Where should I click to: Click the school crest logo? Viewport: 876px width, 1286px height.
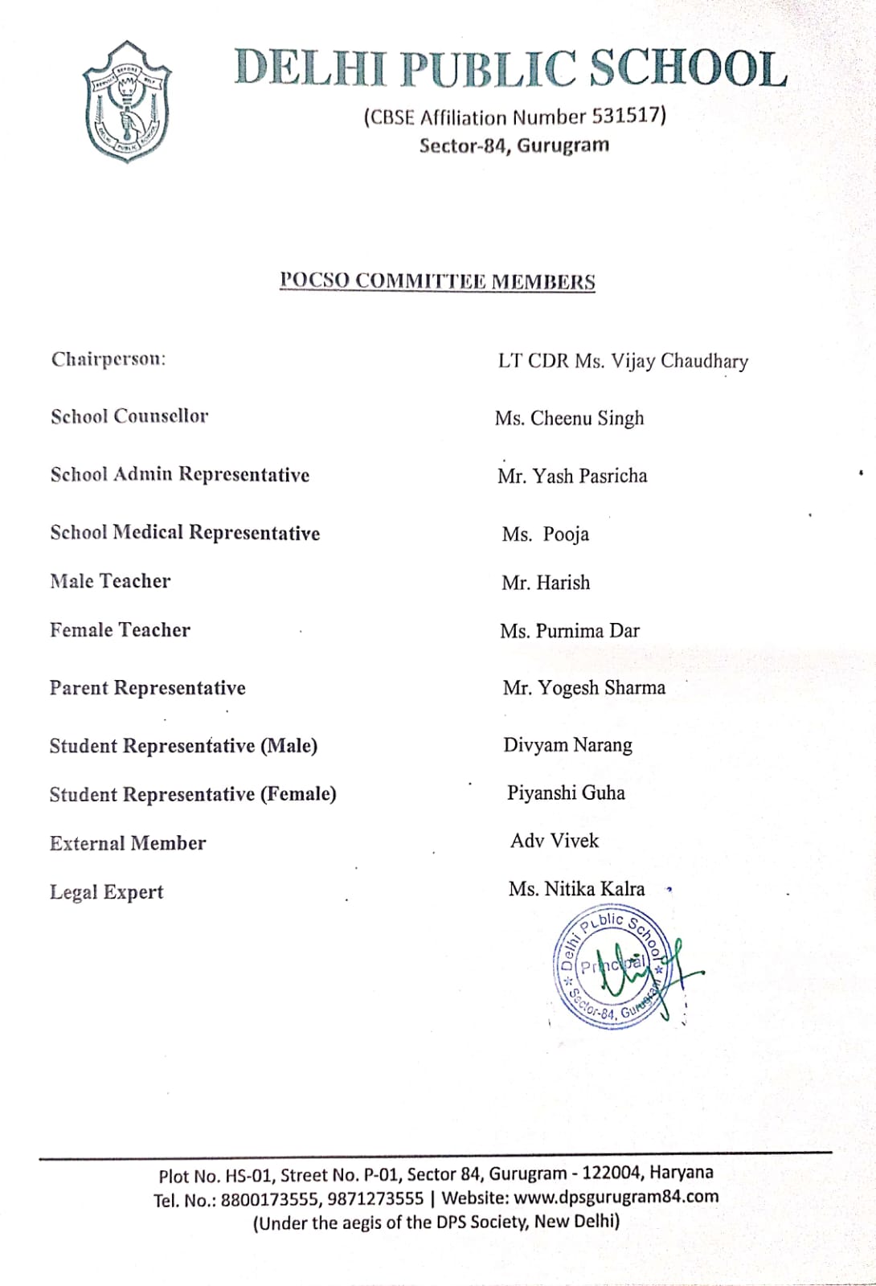pyautogui.click(x=127, y=102)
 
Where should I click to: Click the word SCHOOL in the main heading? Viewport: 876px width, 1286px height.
pyautogui.click(x=689, y=68)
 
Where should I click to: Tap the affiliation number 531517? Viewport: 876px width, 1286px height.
pyautogui.click(x=625, y=117)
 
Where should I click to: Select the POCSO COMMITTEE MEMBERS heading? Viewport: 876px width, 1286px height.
pyautogui.click(x=437, y=281)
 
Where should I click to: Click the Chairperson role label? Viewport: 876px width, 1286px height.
pyautogui.click(x=108, y=359)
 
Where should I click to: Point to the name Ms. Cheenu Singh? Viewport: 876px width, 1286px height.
pyautogui.click(x=569, y=418)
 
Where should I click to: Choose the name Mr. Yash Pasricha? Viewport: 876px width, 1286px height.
pyautogui.click(x=571, y=476)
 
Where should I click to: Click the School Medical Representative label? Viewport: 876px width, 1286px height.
pyautogui.click(x=185, y=533)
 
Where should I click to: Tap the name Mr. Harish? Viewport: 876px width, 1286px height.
pyautogui.click(x=545, y=583)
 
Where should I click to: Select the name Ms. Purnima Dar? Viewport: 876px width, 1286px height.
pyautogui.click(x=569, y=631)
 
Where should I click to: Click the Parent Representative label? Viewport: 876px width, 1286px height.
pyautogui.click(x=147, y=688)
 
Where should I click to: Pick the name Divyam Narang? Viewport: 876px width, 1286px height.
pyautogui.click(x=567, y=745)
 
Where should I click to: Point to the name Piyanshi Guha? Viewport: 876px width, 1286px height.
pyautogui.click(x=566, y=793)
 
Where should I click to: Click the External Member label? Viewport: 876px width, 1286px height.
pyautogui.click(x=128, y=843)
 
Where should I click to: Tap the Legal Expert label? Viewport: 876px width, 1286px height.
pyautogui.click(x=106, y=892)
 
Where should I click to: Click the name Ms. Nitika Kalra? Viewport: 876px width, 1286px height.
pyautogui.click(x=576, y=889)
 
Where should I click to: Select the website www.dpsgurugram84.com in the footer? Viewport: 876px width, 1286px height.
pyautogui.click(x=616, y=1197)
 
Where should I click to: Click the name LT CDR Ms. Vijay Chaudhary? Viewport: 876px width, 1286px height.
pyautogui.click(x=623, y=361)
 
